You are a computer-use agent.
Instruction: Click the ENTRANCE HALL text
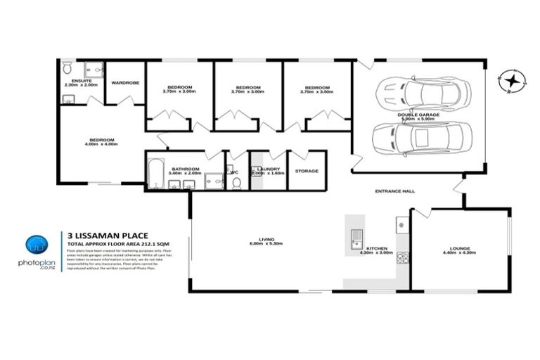point(396,191)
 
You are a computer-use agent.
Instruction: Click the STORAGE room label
point(307,171)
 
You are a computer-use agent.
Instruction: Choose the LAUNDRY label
point(269,169)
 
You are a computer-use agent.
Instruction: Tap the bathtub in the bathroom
point(156,174)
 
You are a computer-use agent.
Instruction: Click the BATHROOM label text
point(186,169)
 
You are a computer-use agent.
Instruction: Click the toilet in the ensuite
point(67,68)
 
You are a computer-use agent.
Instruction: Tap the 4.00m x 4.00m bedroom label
point(102,140)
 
